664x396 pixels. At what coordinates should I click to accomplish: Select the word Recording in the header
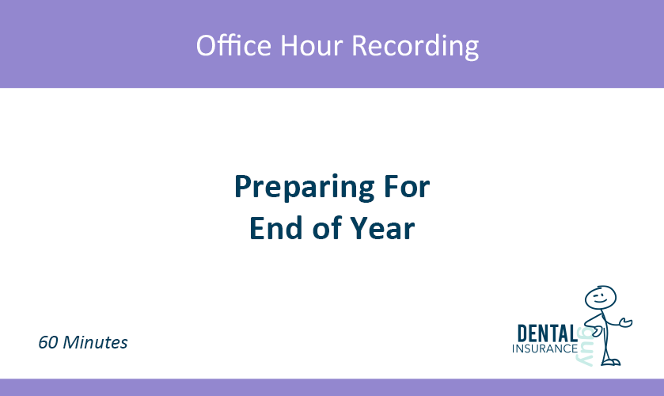(415, 47)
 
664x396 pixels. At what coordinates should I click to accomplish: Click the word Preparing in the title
(304, 188)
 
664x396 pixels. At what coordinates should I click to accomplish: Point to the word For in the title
(406, 187)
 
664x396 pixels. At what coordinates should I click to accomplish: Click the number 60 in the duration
(47, 342)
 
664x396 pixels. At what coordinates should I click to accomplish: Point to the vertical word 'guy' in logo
(585, 346)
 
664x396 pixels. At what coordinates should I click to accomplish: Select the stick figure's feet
(610, 362)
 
